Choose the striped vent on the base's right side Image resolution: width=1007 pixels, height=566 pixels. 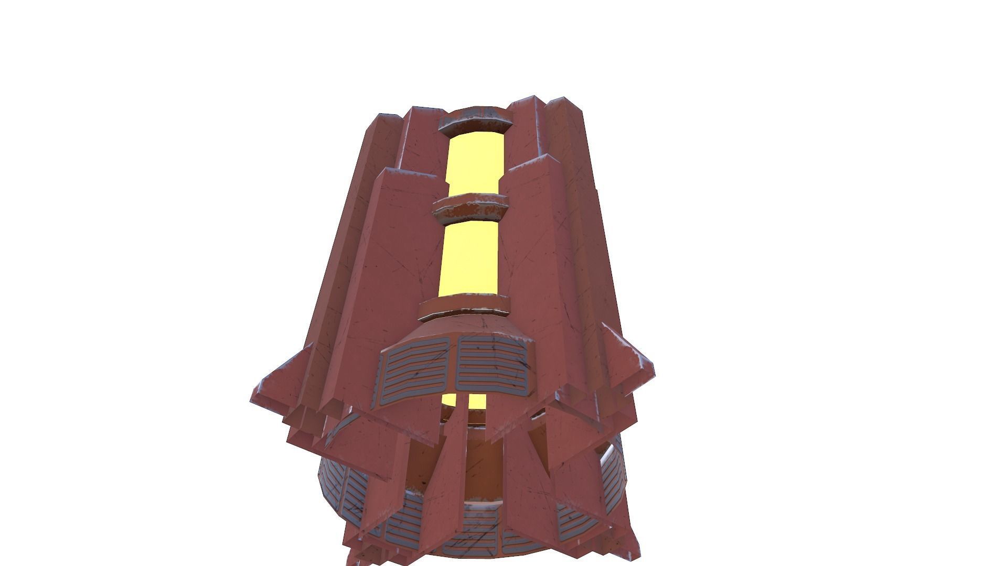coord(614,472)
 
